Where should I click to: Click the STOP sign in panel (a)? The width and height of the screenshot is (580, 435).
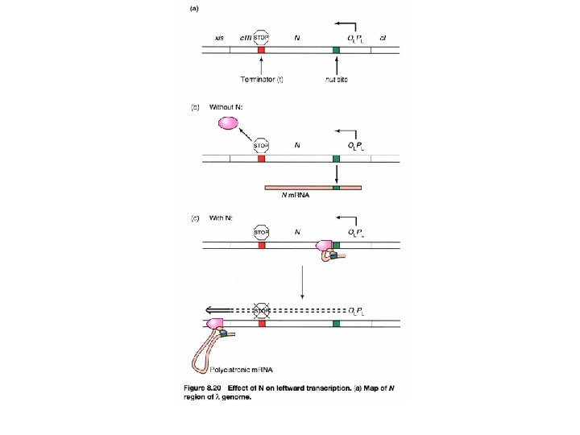tap(261, 37)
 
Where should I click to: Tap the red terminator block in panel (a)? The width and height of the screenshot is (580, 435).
tap(261, 51)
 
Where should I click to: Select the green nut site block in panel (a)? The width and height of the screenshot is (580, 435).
tap(336, 51)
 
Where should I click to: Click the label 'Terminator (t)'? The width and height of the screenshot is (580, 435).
tap(262, 79)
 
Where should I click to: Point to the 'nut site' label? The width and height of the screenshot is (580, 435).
tap(336, 79)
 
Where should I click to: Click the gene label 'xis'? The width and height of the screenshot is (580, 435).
tap(220, 38)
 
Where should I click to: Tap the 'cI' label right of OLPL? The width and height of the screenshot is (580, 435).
tap(383, 38)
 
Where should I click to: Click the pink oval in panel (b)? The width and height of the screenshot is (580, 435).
tap(227, 123)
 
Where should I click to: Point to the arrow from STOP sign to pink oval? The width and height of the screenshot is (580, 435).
tap(246, 134)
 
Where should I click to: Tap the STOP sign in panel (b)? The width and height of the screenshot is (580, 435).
tap(261, 146)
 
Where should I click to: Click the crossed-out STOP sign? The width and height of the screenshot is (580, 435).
tap(261, 310)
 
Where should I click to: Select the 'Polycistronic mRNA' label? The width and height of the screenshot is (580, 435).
tap(242, 371)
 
